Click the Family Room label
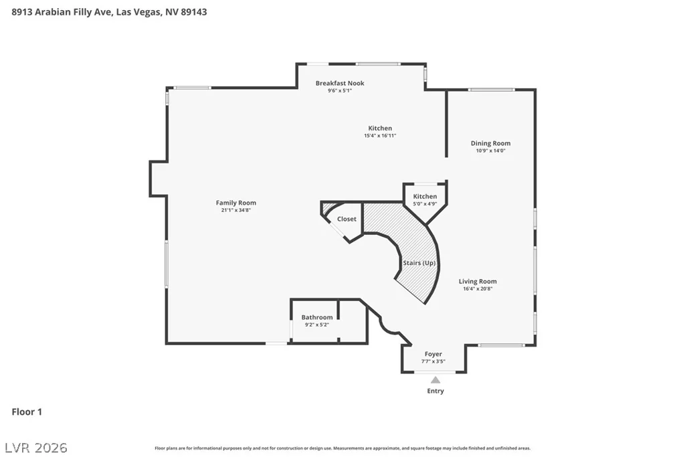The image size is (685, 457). point(236,203)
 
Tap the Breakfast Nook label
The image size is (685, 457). point(340,83)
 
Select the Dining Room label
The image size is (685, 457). point(490,143)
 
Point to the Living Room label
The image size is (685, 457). point(478,282)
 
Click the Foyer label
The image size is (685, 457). point(433,354)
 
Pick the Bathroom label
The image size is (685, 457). point(317,317)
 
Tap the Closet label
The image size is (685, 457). point(347,219)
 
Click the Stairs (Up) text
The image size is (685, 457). point(419,263)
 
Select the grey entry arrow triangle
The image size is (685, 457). point(435,379)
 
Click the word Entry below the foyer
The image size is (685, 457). point(435,391)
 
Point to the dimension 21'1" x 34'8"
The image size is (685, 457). point(236,210)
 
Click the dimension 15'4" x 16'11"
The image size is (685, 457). point(380,135)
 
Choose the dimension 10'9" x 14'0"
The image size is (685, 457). point(490,151)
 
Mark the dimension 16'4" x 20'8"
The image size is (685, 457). point(478,289)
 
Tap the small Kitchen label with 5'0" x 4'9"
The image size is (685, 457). point(425,197)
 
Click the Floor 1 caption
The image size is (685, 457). point(27,412)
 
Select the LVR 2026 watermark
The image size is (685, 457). point(36,448)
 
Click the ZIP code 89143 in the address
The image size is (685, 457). point(193,12)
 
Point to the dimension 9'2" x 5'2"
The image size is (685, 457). point(317,325)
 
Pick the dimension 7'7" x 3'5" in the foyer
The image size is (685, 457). point(433,361)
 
